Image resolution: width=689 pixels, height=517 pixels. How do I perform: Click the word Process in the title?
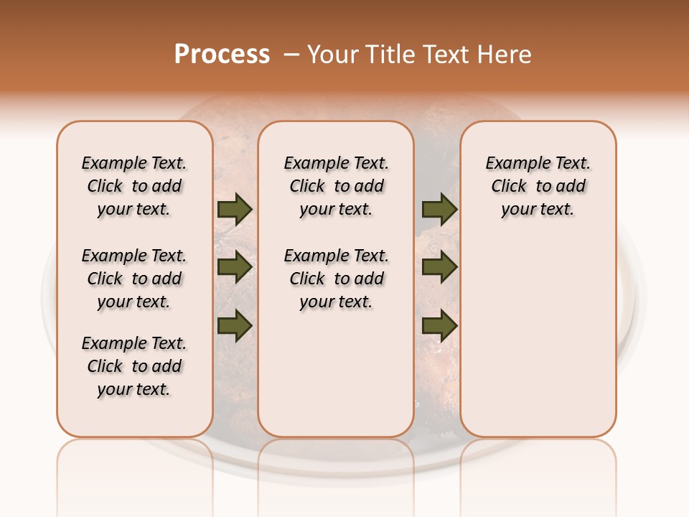(222, 55)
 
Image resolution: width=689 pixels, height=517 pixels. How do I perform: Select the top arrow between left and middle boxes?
(235, 210)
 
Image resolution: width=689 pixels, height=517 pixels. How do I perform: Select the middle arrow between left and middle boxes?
(235, 267)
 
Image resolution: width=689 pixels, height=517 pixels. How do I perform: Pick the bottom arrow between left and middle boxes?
(235, 325)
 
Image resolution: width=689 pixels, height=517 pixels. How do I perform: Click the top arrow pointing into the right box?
(439, 210)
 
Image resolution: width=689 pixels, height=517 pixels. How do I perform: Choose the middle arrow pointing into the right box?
(439, 267)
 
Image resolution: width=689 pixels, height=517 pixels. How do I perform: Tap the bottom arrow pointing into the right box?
(439, 326)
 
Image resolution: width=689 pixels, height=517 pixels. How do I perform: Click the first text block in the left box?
(134, 186)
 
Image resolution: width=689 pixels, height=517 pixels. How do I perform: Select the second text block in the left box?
(134, 279)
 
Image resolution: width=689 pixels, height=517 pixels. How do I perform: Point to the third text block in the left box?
(134, 366)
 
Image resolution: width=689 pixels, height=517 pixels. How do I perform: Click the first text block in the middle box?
(336, 186)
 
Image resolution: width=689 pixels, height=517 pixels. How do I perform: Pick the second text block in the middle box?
(336, 279)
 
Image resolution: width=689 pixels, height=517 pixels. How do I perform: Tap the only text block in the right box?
(538, 186)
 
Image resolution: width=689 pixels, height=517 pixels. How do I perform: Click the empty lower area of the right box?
(538, 337)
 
